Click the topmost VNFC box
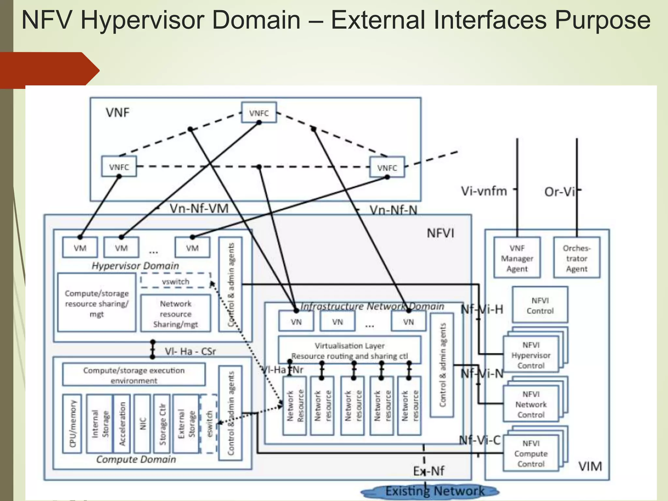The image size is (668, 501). coord(259,113)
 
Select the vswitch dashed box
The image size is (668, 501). coord(175,281)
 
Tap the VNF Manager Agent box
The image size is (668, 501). coord(517,258)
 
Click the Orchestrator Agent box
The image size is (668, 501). coord(576,258)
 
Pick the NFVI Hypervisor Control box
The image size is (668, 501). coord(531,355)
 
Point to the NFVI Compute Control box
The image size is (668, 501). coord(531,453)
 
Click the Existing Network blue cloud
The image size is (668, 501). coord(431,491)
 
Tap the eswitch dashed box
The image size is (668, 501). coord(209,424)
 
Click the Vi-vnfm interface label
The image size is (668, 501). coord(484,191)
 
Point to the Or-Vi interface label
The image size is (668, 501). coord(559,191)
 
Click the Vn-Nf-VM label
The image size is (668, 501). coord(199,208)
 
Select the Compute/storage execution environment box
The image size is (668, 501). coord(134,375)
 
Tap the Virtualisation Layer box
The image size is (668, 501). coord(349,350)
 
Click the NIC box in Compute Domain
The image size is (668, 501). coord(142,424)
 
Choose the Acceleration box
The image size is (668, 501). coord(122,424)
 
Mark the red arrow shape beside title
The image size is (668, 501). coord(49,70)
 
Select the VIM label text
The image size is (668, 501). coord(590,466)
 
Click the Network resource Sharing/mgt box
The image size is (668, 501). coord(175,313)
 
